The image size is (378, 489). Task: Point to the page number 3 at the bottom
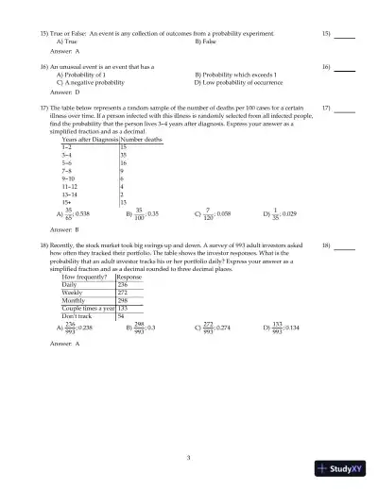pos(189,458)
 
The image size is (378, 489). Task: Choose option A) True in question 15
pos(67,42)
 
